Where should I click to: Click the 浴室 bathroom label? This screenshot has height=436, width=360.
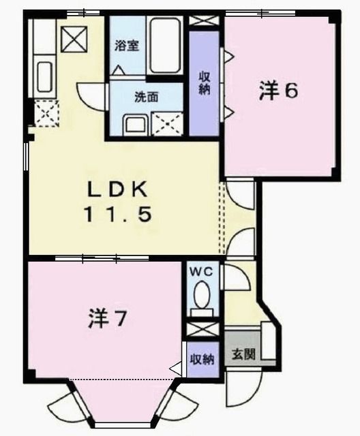[127, 46]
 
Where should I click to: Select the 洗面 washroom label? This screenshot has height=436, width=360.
[146, 97]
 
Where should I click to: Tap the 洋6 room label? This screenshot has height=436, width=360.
[278, 91]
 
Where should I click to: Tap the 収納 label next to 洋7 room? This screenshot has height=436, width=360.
[202, 358]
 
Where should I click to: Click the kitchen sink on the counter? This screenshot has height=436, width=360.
[45, 77]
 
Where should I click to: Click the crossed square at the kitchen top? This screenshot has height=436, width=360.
[71, 40]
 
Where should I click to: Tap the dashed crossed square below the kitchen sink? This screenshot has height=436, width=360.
[46, 112]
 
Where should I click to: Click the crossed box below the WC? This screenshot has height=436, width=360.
[202, 330]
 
